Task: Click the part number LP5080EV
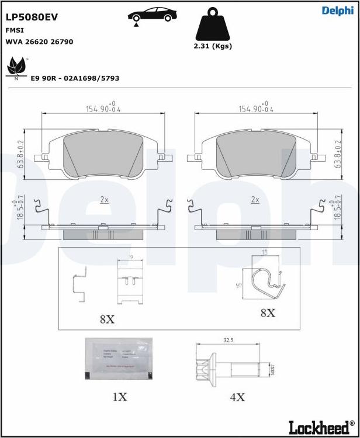32,18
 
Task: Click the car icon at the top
153,15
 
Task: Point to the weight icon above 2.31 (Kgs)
212,24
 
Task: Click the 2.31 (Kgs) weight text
212,46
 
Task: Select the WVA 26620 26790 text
39,42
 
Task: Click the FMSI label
15,30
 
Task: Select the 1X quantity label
119,397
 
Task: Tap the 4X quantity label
237,397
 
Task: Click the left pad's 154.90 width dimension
103,109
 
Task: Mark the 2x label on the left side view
104,200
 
